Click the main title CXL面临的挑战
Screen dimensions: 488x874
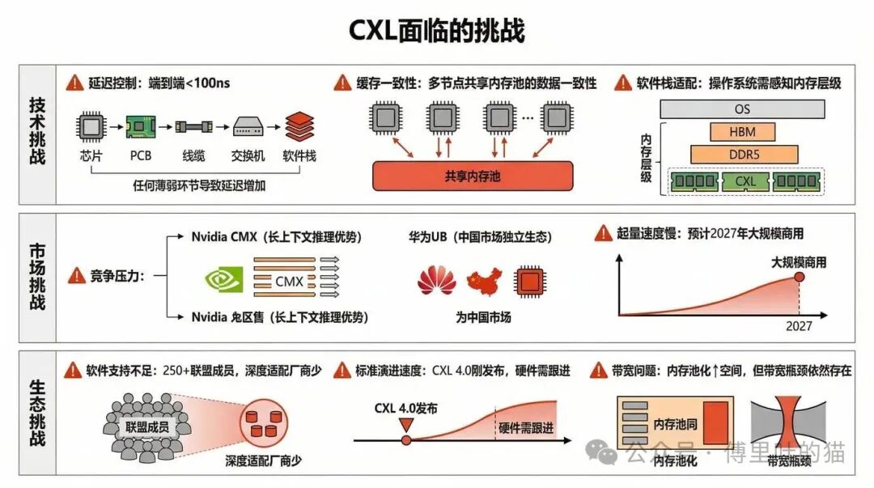click(436, 31)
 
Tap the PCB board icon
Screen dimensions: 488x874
click(141, 125)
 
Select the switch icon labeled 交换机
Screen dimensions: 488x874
click(246, 126)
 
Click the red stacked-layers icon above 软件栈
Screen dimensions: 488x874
click(299, 125)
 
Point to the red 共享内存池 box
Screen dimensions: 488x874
click(472, 175)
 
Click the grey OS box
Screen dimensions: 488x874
click(742, 108)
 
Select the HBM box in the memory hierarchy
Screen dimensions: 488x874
click(743, 131)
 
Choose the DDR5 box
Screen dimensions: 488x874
click(743, 154)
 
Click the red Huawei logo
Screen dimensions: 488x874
click(436, 280)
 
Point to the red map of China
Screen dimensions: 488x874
click(484, 280)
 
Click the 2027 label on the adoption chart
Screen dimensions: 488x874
click(798, 326)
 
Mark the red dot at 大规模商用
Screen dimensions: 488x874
click(799, 278)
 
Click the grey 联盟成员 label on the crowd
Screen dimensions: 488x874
click(146, 425)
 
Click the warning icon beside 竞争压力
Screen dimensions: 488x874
click(77, 275)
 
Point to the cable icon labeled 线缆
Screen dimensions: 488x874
click(193, 126)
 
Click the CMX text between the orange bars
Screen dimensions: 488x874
click(289, 282)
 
